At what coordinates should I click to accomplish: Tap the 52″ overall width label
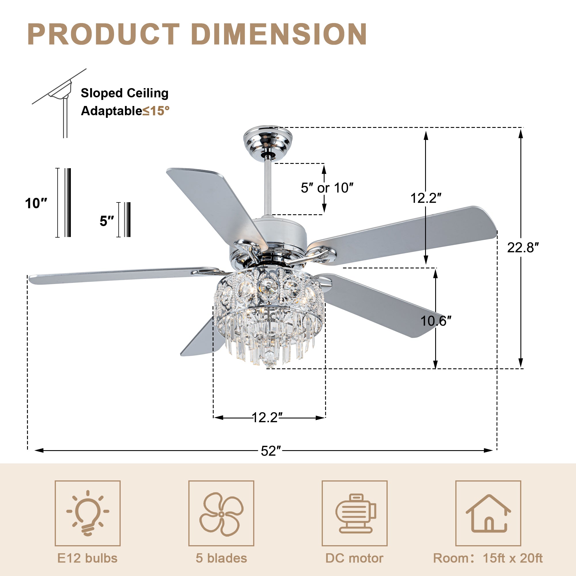pos(271,451)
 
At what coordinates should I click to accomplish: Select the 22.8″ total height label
pos(523,247)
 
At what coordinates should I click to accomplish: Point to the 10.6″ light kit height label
pos(435,321)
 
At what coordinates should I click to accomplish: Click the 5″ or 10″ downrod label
pos(327,188)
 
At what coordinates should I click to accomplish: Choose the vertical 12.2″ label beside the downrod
pos(426,198)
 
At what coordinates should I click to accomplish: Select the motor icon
pos(355,514)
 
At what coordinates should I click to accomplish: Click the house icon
pos(488,514)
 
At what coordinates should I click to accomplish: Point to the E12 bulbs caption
pos(87,558)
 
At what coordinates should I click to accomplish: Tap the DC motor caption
pos(354,558)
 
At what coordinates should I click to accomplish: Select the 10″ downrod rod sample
pos(68,203)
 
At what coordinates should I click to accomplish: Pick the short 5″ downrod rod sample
pos(127,219)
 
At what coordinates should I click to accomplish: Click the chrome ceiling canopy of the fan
pos(268,139)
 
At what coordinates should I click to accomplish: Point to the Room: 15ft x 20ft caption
pos(488,558)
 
